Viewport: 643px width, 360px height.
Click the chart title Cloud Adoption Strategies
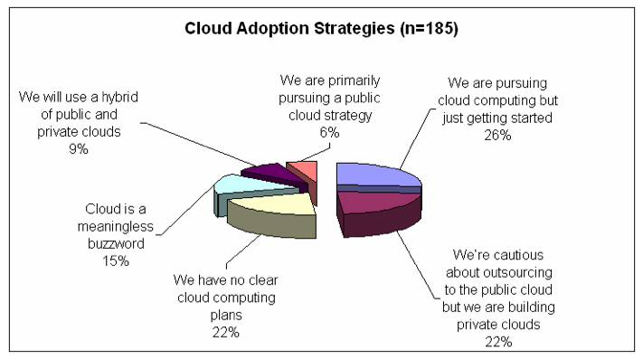[289, 29]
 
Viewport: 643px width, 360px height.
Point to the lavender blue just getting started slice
[377, 175]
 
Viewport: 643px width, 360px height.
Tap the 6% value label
[329, 132]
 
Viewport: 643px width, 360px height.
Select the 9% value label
[79, 148]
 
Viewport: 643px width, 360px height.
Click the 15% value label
[116, 261]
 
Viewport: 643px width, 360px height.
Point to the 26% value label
[497, 135]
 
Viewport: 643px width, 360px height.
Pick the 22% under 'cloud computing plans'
[225, 332]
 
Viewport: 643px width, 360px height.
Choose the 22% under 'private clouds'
[498, 342]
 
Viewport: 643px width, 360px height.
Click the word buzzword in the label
[116, 243]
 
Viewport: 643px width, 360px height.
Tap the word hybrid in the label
[119, 98]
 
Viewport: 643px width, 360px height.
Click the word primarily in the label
[355, 81]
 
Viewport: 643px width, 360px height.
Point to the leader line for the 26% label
[416, 138]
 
